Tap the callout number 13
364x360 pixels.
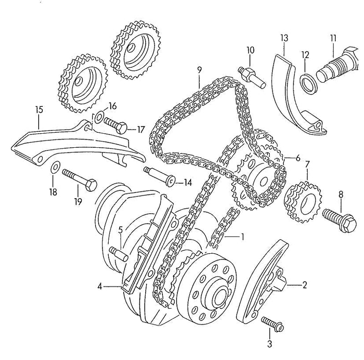coord(284,38)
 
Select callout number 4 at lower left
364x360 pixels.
coord(100,286)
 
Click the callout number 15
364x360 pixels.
coord(39,110)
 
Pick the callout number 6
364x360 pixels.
coord(298,158)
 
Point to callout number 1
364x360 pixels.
coord(243,236)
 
